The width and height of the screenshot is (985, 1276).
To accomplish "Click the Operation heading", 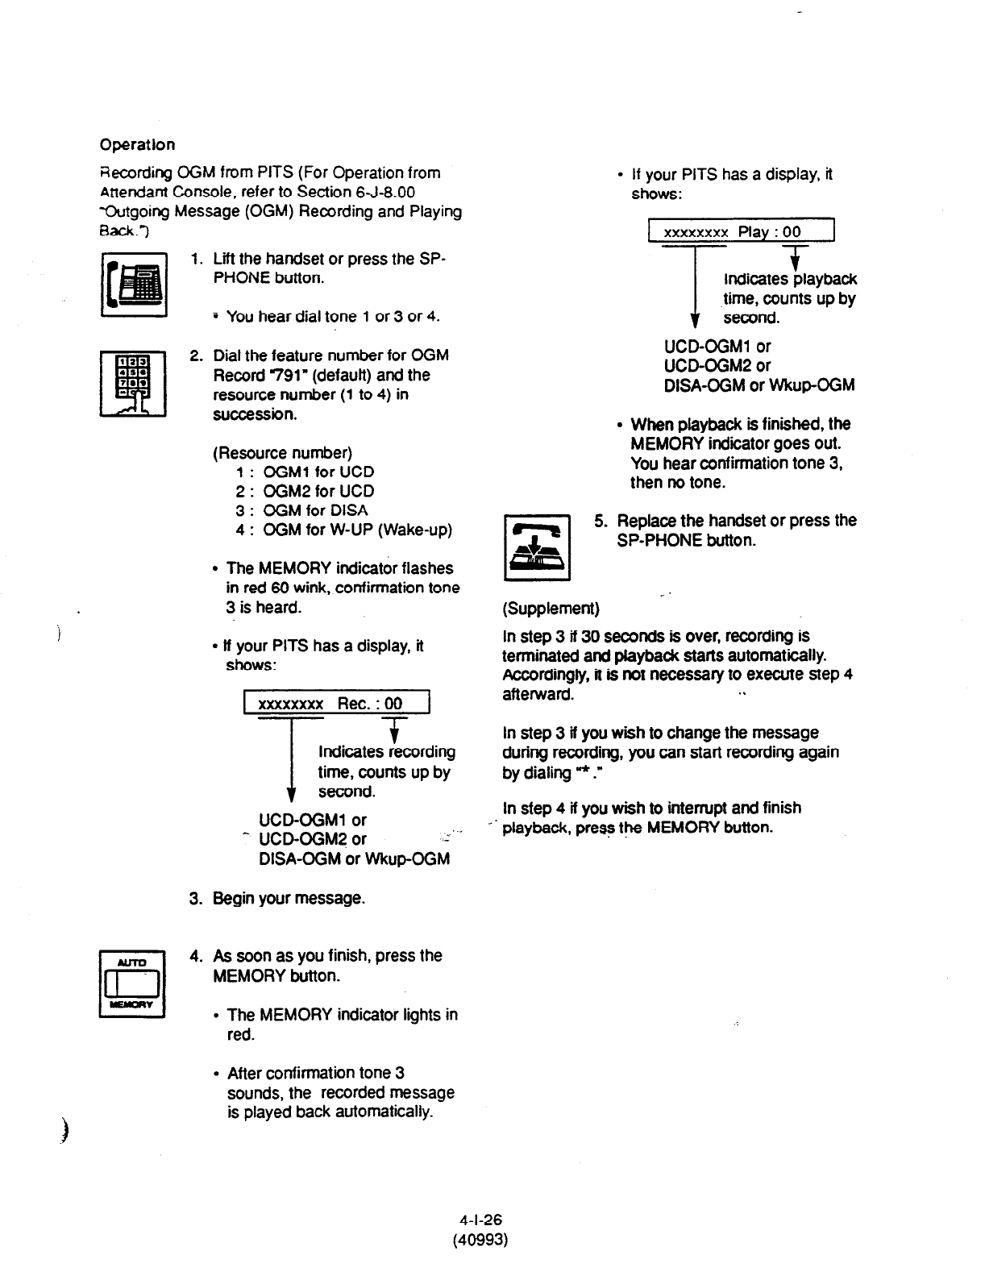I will pos(137,145).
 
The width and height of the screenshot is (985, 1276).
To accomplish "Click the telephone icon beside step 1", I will pos(133,285).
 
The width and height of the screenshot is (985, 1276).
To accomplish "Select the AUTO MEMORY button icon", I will pos(132,985).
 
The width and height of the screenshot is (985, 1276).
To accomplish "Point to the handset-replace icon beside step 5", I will pos(537,547).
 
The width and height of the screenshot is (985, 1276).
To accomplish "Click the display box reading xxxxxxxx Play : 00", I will pos(741,232).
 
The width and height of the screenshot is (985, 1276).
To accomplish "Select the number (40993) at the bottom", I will pos(481,1239).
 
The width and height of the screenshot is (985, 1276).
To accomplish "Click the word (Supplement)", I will pos(551,607).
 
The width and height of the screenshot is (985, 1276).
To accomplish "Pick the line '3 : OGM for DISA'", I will pos(301,510).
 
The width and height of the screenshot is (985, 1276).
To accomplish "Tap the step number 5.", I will pos(600,521).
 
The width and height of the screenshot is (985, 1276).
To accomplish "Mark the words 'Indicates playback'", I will pos(790,279).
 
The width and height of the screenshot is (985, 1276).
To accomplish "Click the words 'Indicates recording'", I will pos(387,751).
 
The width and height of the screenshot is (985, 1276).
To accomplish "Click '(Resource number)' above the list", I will pos(282,452).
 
